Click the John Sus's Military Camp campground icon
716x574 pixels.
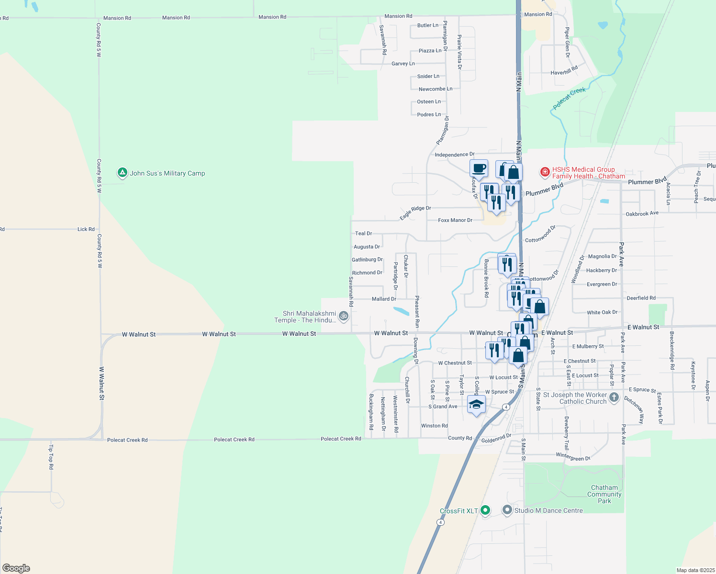122,173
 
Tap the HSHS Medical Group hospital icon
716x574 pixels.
545,172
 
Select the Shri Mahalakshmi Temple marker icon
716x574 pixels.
343,316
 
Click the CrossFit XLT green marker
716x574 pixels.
485,510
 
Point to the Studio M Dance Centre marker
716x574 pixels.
507,510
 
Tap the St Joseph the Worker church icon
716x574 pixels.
614,397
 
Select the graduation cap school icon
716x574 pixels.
476,405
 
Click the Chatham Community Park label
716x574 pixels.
604,494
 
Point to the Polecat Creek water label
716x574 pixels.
569,99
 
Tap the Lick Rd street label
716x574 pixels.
86,229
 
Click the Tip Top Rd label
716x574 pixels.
51,457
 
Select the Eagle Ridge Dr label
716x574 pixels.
415,212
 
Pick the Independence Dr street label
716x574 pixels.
455,155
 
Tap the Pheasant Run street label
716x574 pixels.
417,311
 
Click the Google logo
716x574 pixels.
16,568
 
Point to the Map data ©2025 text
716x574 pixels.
695,570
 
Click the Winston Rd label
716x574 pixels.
434,426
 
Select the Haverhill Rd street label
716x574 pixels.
564,70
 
